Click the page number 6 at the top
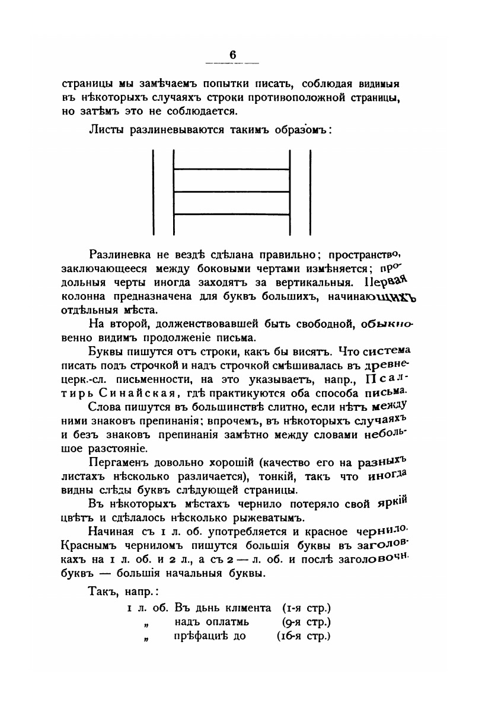(x=233, y=55)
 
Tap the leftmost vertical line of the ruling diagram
(x=153, y=192)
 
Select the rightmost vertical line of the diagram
(x=310, y=192)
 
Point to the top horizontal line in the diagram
(x=231, y=170)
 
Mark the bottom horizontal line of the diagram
(x=231, y=213)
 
